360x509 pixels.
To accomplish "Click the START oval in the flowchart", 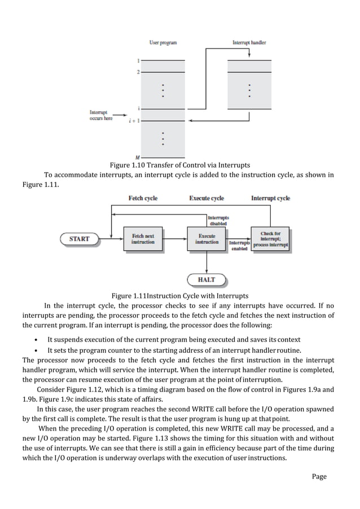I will (79, 239).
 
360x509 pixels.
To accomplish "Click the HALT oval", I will (207, 279).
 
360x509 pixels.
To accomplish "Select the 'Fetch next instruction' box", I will (143, 239).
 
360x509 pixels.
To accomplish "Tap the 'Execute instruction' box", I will (207, 239).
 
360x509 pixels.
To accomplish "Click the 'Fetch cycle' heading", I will (143, 198).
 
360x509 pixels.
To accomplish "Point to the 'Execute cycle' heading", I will (207, 198).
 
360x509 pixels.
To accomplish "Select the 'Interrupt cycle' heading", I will (270, 198).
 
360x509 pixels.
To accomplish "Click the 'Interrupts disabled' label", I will (218, 220).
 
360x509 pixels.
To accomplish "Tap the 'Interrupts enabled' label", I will (239, 245).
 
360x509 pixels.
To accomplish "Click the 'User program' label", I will (163, 42).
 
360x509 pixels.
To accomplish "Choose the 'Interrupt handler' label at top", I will (249, 42).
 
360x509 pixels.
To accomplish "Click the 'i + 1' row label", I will (134, 121).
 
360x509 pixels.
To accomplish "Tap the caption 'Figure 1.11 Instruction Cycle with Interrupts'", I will (179, 296).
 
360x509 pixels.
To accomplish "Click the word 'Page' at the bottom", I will (319, 476).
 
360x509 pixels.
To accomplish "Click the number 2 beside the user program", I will (138, 72).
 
